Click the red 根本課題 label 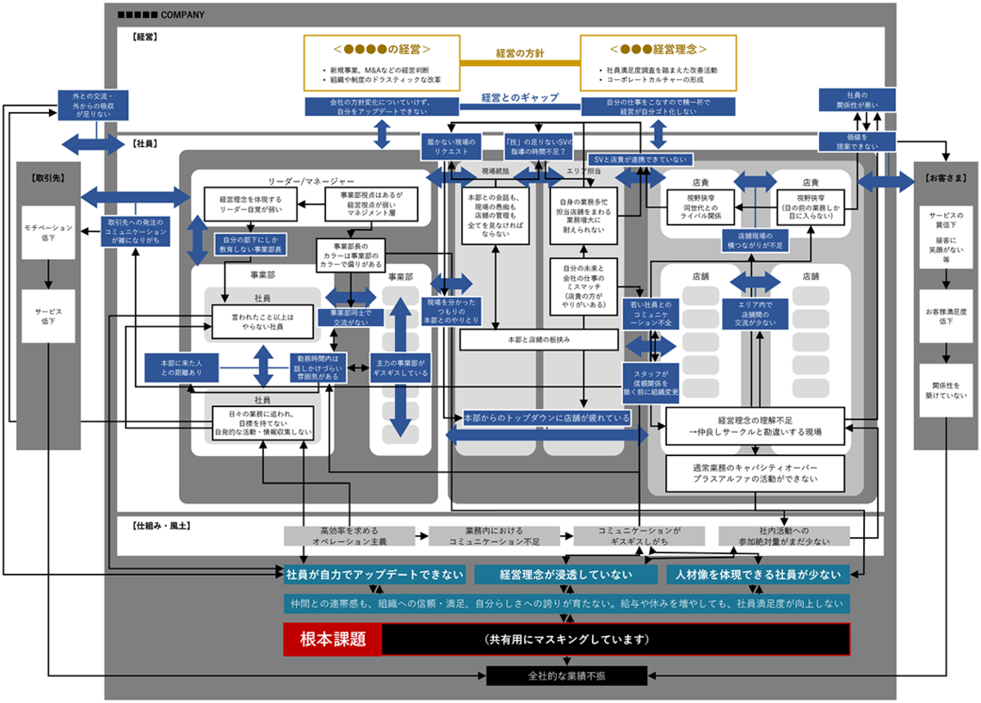pos(332,639)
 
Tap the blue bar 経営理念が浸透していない pos(565,575)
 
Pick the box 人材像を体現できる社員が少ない pos(757,575)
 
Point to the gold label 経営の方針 pos(520,52)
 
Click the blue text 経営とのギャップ pos(520,97)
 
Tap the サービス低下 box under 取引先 pos(47,316)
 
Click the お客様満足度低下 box pos(946,316)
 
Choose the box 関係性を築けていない pos(946,391)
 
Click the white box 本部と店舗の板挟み pos(539,340)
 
